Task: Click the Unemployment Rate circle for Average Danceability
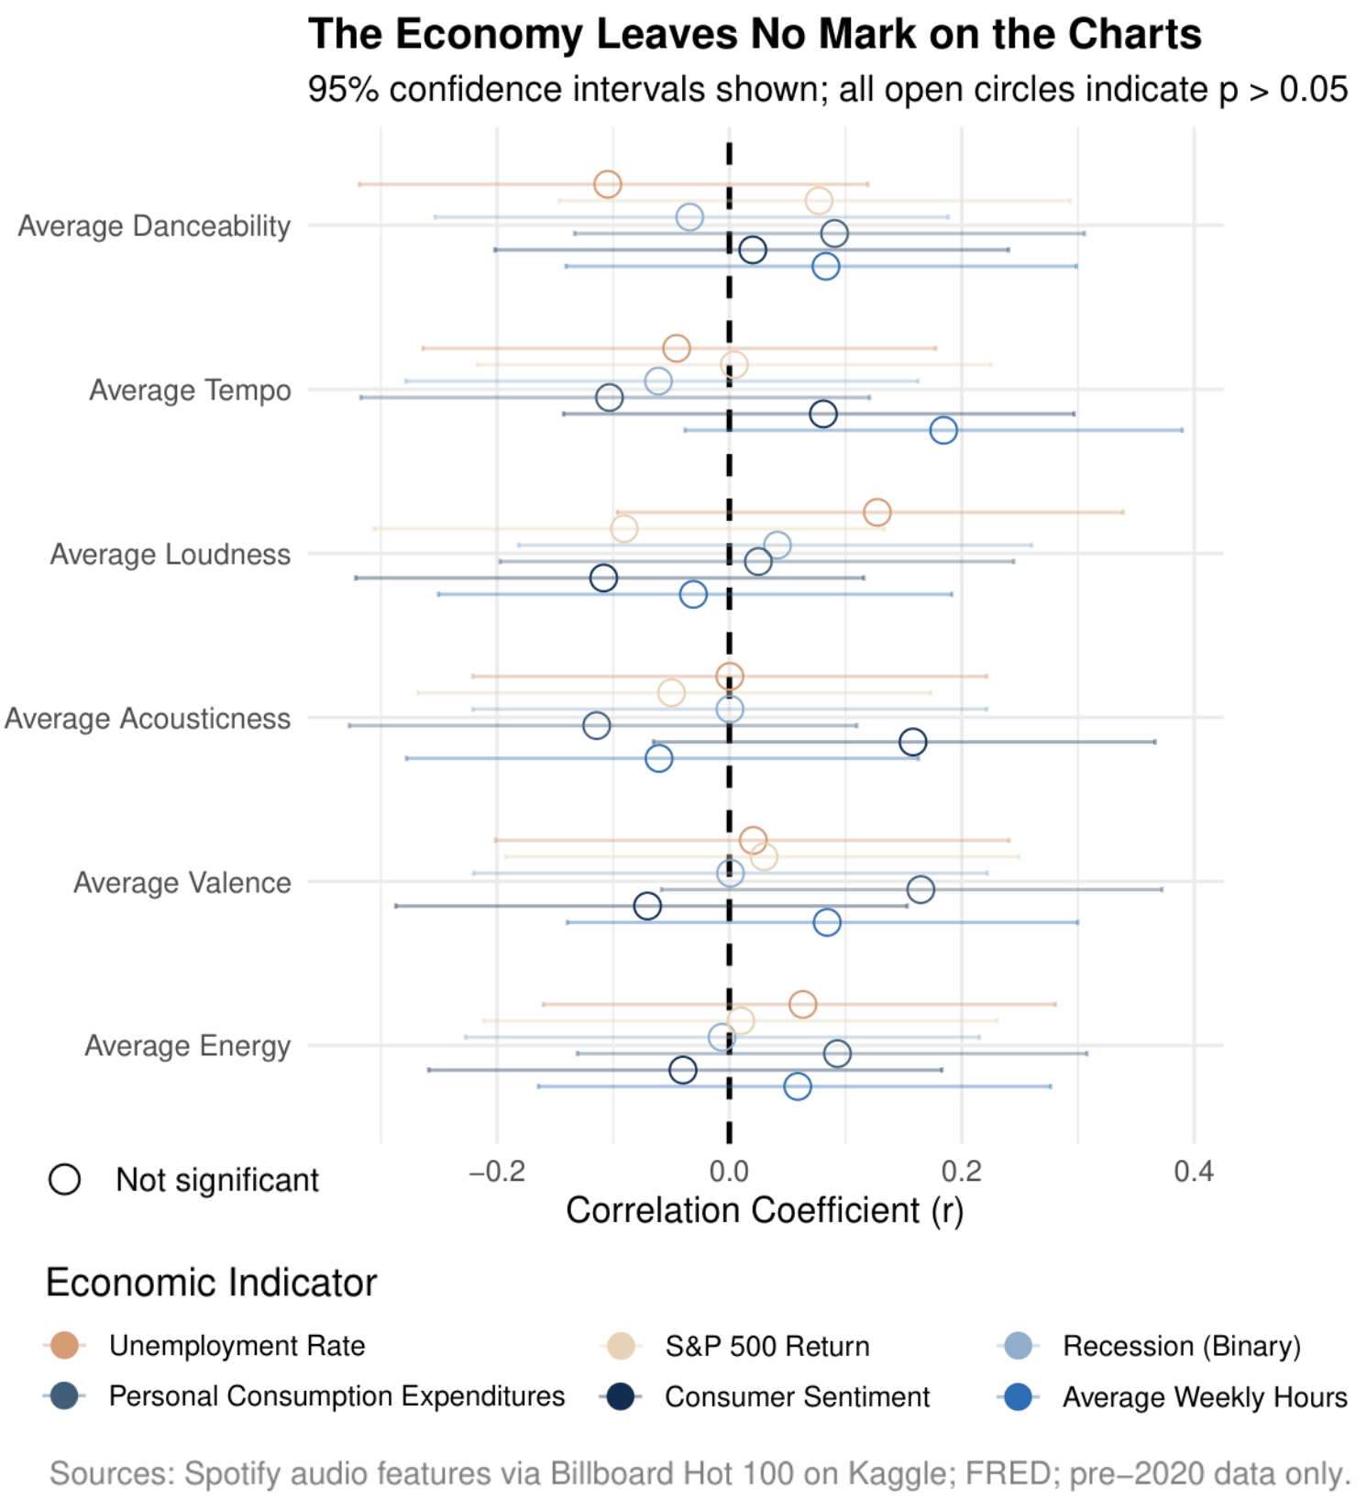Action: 607,184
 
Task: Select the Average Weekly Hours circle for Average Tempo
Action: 943,430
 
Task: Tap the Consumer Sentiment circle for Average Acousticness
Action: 912,742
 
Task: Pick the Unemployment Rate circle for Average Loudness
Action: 876,512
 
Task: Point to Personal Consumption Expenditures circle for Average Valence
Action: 921,888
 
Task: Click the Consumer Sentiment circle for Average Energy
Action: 682,1069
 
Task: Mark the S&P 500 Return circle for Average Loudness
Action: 623,528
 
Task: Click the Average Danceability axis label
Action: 154,226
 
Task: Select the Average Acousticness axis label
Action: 148,718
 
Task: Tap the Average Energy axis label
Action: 187,1045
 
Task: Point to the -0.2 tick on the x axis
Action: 496,1171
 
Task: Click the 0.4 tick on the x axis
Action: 1194,1171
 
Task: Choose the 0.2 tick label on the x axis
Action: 961,1171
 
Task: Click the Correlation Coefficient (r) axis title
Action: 764,1210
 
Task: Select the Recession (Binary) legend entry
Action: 1181,1346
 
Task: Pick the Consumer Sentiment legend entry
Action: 797,1396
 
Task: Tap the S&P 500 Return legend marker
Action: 622,1346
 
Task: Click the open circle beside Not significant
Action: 65,1179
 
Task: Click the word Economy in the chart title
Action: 489,35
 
